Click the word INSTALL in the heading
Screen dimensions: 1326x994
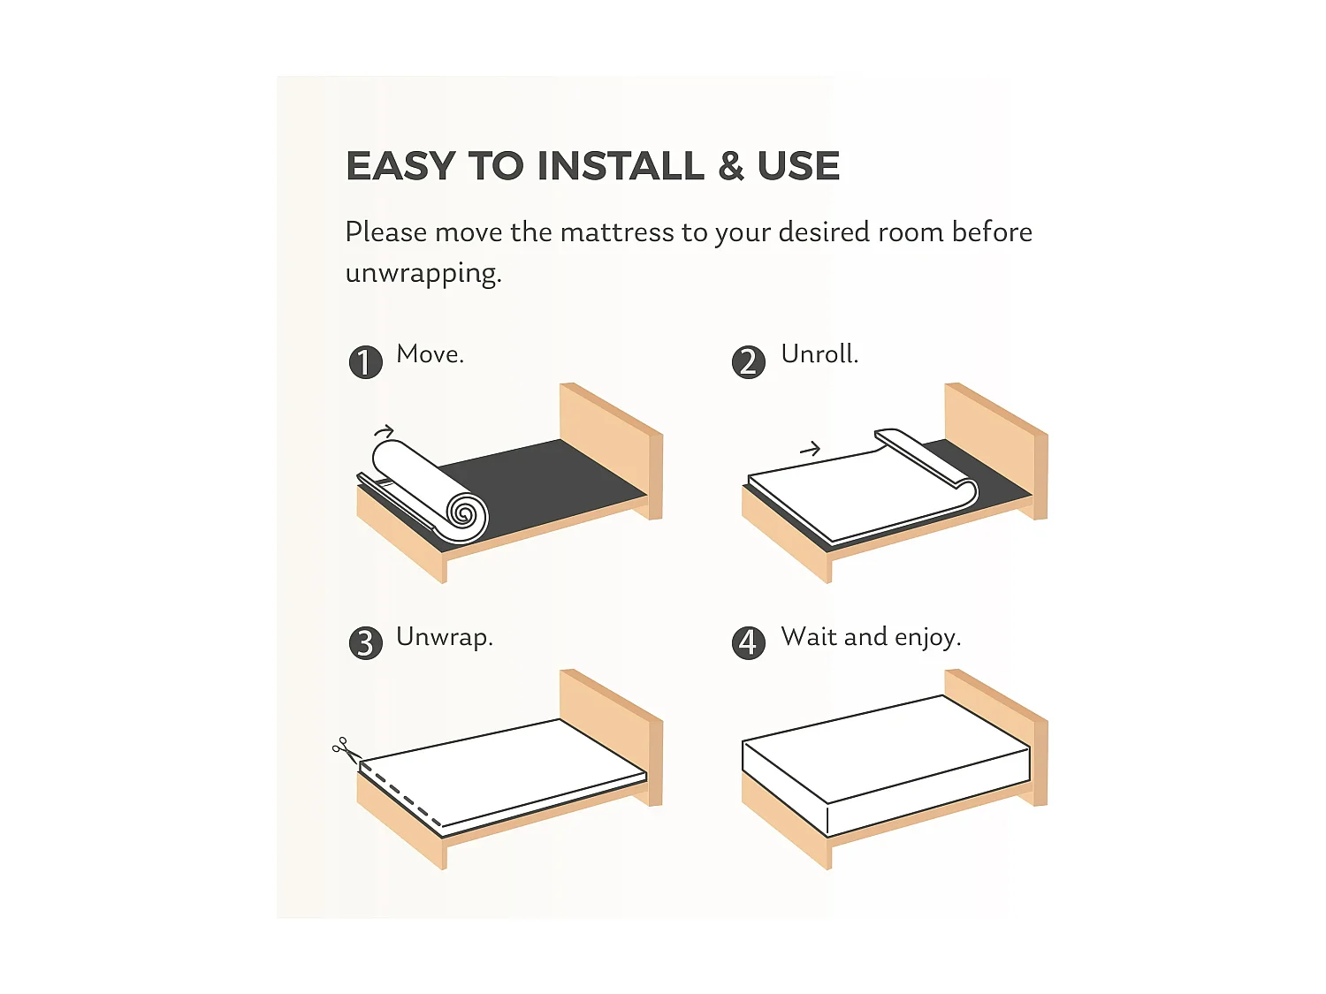pos(621,165)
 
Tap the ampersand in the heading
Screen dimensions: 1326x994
pos(730,165)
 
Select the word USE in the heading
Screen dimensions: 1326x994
pos(798,165)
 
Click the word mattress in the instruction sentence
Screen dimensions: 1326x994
pos(617,232)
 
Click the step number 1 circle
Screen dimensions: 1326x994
pos(365,362)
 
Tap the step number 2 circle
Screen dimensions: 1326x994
pos(749,362)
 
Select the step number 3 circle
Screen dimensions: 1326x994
pos(365,642)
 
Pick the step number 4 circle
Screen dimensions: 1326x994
pos(749,642)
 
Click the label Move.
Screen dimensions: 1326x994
pos(431,354)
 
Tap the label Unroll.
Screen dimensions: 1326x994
pos(819,354)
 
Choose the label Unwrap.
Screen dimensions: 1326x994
pos(445,638)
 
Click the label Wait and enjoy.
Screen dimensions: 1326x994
pos(871,638)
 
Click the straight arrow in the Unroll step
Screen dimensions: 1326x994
pos(810,449)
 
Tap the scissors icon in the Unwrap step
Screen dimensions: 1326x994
pos(346,749)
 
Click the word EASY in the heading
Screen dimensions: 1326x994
pos(400,165)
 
